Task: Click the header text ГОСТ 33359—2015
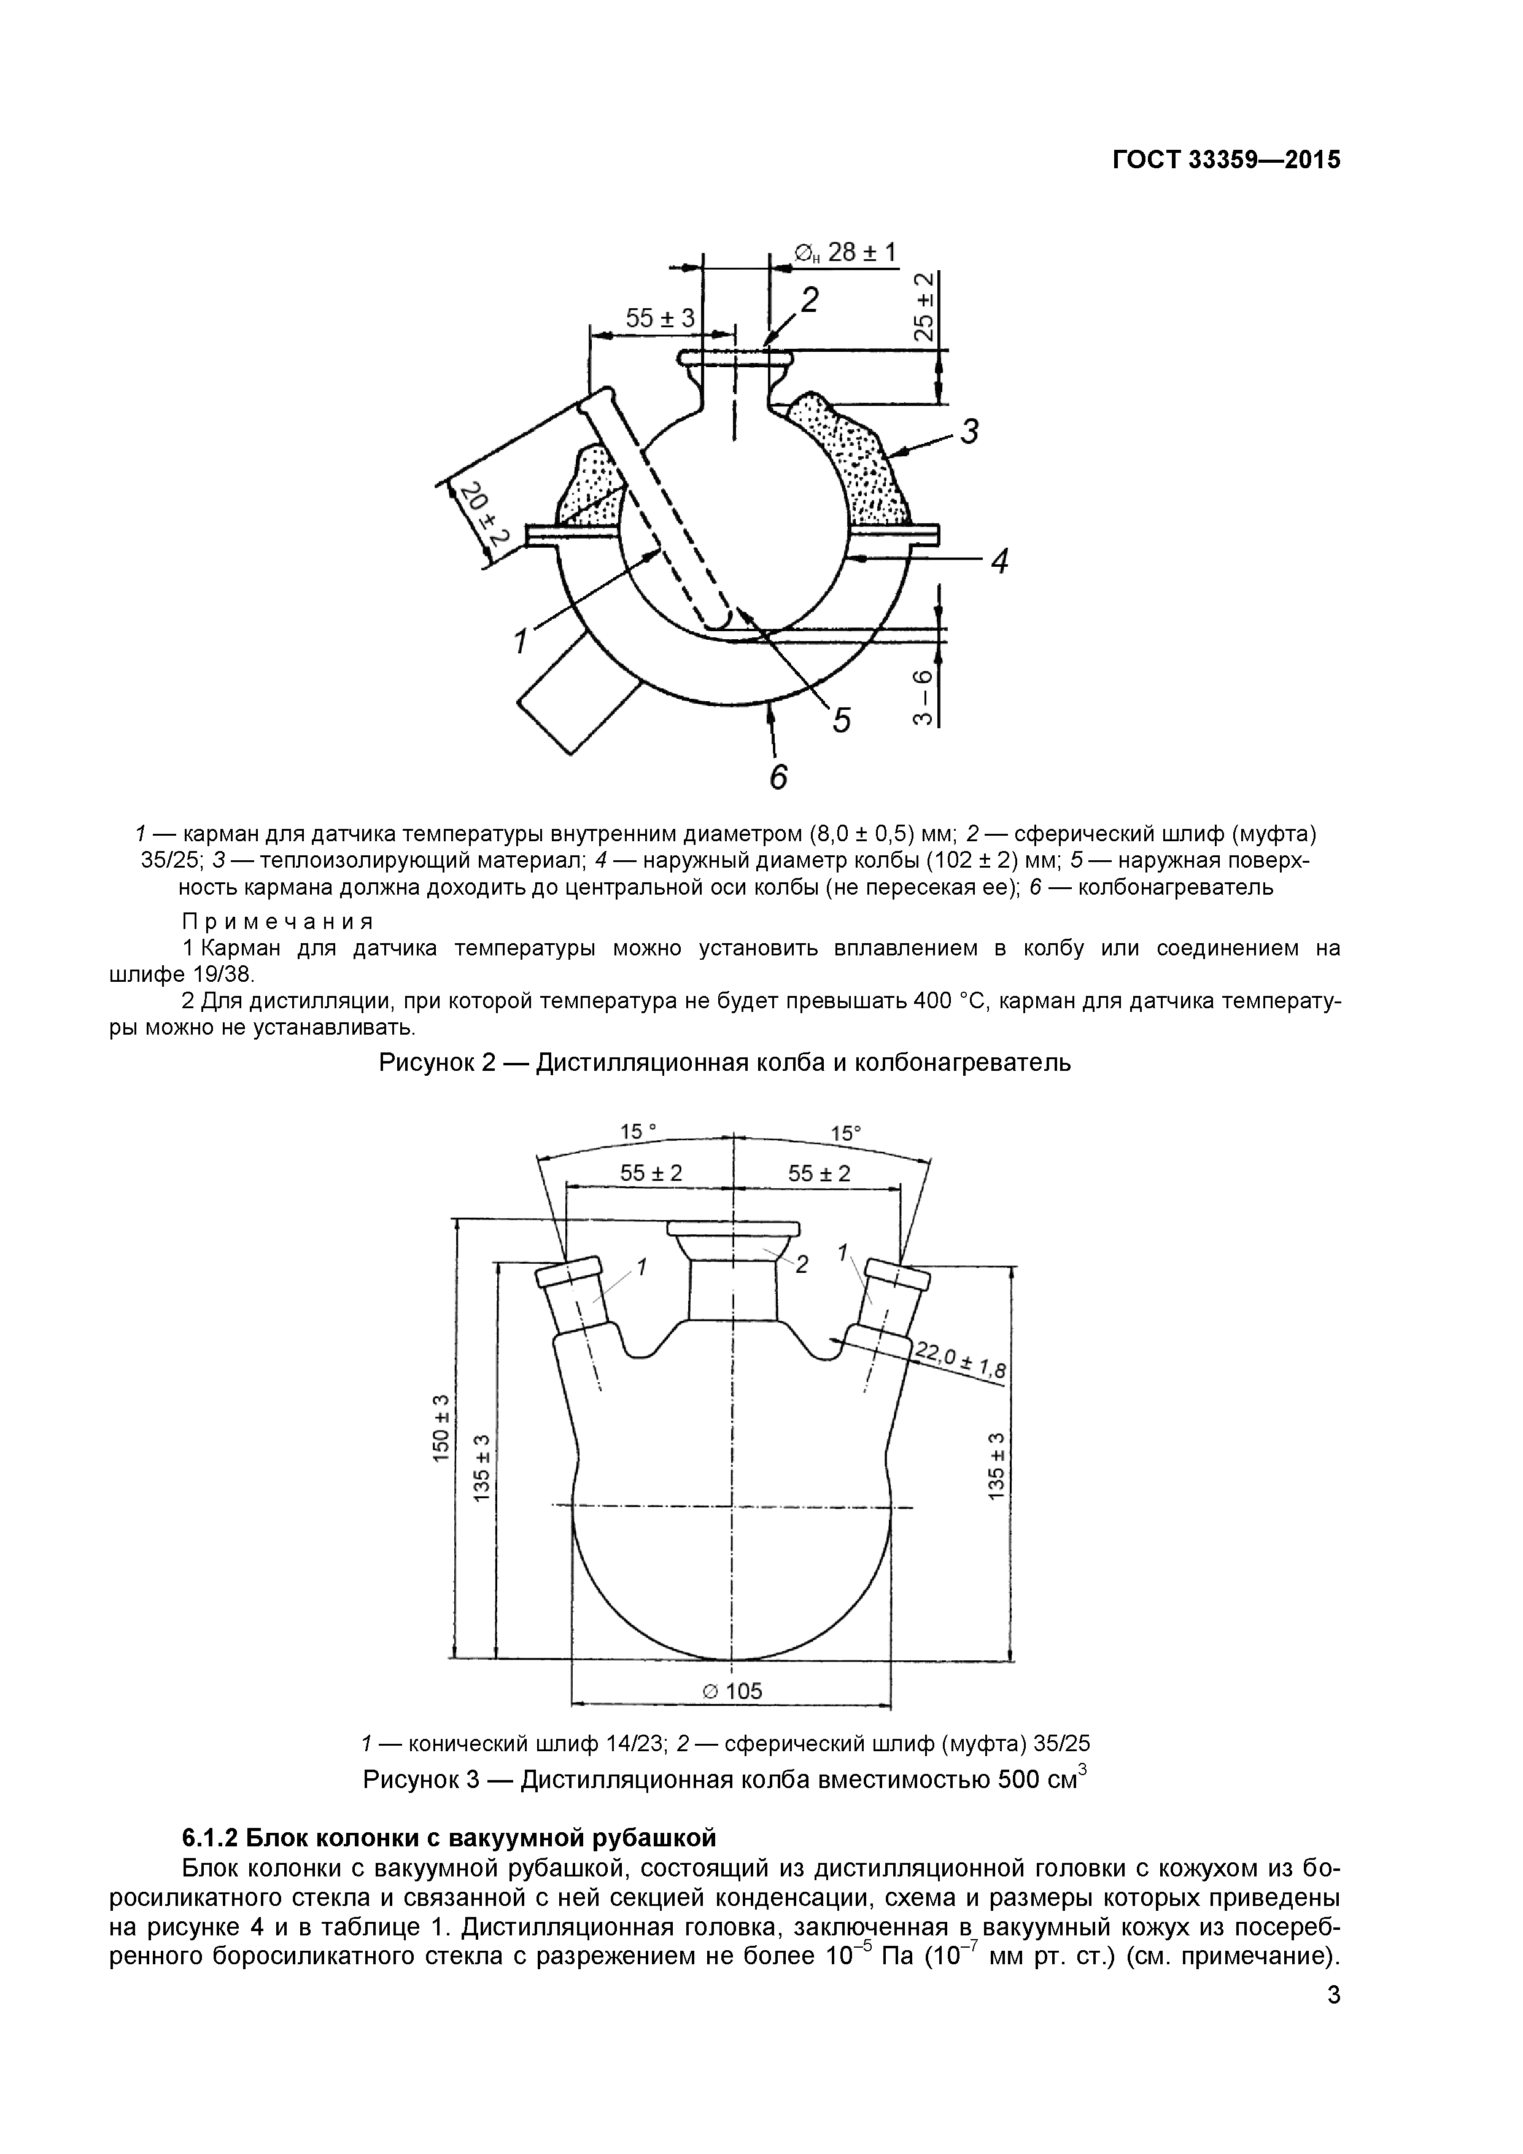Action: [x=1227, y=160]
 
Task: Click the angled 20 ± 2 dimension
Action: [x=486, y=515]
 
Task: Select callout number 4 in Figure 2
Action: [x=1000, y=562]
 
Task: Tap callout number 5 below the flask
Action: [x=841, y=720]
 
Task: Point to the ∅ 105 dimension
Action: [x=732, y=1690]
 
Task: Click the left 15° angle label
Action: [x=638, y=1132]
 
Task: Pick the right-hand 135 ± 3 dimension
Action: [x=997, y=1464]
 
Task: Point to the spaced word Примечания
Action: [x=277, y=920]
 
